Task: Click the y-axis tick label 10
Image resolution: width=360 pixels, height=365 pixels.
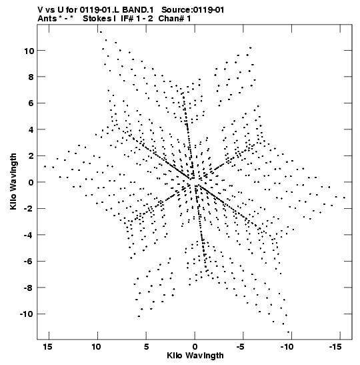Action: click(x=29, y=51)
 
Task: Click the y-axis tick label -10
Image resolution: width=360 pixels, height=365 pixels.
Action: click(x=27, y=314)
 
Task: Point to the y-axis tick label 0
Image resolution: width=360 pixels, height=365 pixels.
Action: click(x=31, y=182)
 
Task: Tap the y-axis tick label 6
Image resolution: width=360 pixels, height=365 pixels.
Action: click(x=31, y=103)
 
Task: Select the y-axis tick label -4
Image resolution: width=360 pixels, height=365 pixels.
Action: click(x=29, y=235)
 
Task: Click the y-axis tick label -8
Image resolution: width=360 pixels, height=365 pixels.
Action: click(x=29, y=288)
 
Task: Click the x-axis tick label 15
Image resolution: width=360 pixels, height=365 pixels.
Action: click(x=47, y=347)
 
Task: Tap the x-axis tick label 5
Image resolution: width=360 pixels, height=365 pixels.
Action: click(x=146, y=347)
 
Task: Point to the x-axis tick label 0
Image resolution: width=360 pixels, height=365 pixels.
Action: click(x=195, y=347)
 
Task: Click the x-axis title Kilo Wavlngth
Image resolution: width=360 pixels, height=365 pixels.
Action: click(x=195, y=356)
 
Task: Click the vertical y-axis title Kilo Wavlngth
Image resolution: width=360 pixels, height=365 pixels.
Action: click(x=13, y=181)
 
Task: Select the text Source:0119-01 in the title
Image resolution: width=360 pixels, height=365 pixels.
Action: click(x=193, y=10)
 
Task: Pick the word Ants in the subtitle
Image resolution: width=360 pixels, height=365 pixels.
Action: click(x=47, y=19)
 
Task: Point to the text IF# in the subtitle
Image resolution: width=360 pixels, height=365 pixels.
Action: click(x=127, y=19)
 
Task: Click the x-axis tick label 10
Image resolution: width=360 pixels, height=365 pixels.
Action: click(x=96, y=347)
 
